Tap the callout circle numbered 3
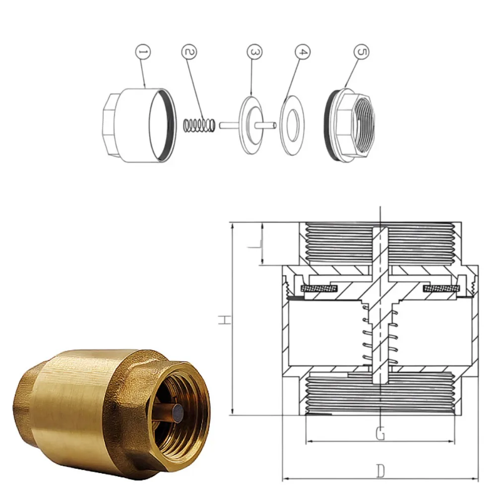coord(253,52)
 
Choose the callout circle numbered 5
coord(362,52)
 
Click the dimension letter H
coord(225,320)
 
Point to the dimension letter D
coord(380,471)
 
